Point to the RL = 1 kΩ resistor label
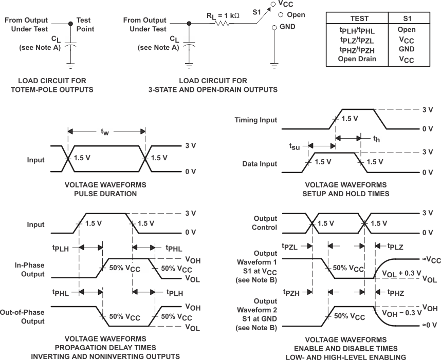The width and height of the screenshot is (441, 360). pyautogui.click(x=223, y=15)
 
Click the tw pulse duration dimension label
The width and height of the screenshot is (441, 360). pyautogui.click(x=105, y=132)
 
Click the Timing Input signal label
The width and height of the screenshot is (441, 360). pyautogui.click(x=255, y=120)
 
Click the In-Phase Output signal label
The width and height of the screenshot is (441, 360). pyautogui.click(x=29, y=270)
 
